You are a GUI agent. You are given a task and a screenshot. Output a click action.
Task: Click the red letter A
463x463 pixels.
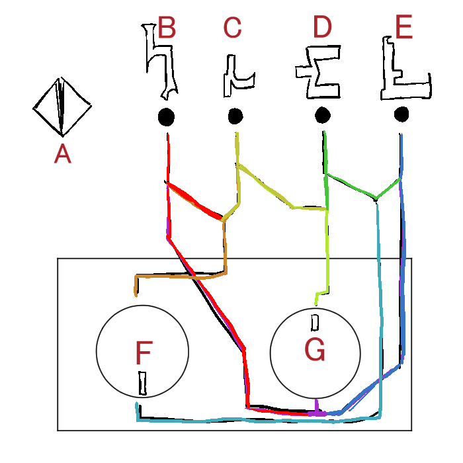[x=62, y=154]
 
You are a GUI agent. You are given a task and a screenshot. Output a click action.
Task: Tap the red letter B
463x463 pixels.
[x=167, y=28]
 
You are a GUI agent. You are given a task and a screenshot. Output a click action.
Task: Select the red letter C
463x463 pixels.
[x=232, y=28]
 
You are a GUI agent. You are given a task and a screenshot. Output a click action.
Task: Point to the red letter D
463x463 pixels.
[x=321, y=28]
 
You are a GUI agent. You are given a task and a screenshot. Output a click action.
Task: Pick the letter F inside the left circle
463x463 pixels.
[x=143, y=353]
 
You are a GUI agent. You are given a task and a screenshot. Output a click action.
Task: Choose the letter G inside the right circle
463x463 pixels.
[x=315, y=349]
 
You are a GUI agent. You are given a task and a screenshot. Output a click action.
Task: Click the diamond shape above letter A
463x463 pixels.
[x=62, y=106]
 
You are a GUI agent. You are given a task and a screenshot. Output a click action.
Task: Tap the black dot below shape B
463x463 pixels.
[x=166, y=117]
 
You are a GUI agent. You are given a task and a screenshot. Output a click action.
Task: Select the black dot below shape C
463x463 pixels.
[x=235, y=116]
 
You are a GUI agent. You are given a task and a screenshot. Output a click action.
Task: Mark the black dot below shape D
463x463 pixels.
[x=322, y=116]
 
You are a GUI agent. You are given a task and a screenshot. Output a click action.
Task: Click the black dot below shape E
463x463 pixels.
[x=401, y=114]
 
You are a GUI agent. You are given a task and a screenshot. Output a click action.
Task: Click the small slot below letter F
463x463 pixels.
[x=142, y=384]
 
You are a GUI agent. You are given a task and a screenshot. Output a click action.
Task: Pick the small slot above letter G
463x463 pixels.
[x=315, y=322]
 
